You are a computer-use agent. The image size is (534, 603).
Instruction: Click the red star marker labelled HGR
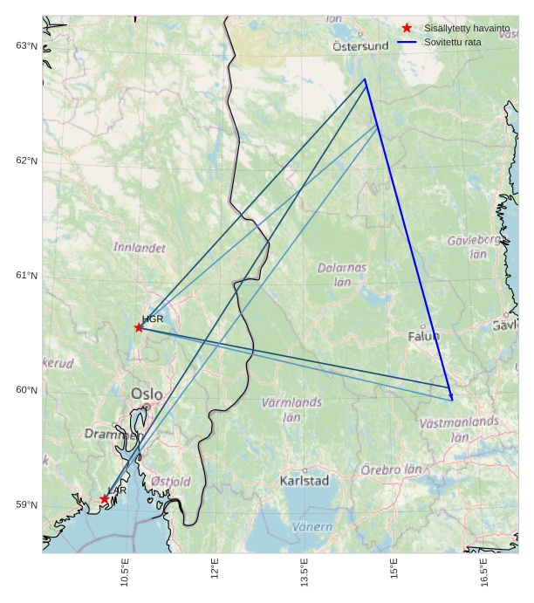[139, 327]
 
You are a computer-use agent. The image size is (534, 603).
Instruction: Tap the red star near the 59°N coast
[105, 499]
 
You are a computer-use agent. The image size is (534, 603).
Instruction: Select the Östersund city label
[360, 46]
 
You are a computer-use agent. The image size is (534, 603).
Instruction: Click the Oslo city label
[147, 394]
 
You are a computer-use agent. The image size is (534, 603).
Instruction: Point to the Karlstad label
[305, 481]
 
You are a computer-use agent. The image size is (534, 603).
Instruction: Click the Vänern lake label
[311, 527]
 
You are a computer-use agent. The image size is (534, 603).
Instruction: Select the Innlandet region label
[140, 248]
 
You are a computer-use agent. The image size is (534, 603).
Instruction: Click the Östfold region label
[170, 481]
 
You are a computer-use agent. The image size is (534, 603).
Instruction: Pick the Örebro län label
[391, 469]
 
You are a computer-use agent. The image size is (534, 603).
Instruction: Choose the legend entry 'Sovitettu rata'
[453, 42]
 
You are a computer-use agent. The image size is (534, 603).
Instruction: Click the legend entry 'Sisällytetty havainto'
[461, 29]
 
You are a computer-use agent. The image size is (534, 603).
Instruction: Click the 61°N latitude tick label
[27, 276]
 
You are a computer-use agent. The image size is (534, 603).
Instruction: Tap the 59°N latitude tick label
[27, 505]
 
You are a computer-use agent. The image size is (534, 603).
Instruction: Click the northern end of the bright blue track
[366, 79]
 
